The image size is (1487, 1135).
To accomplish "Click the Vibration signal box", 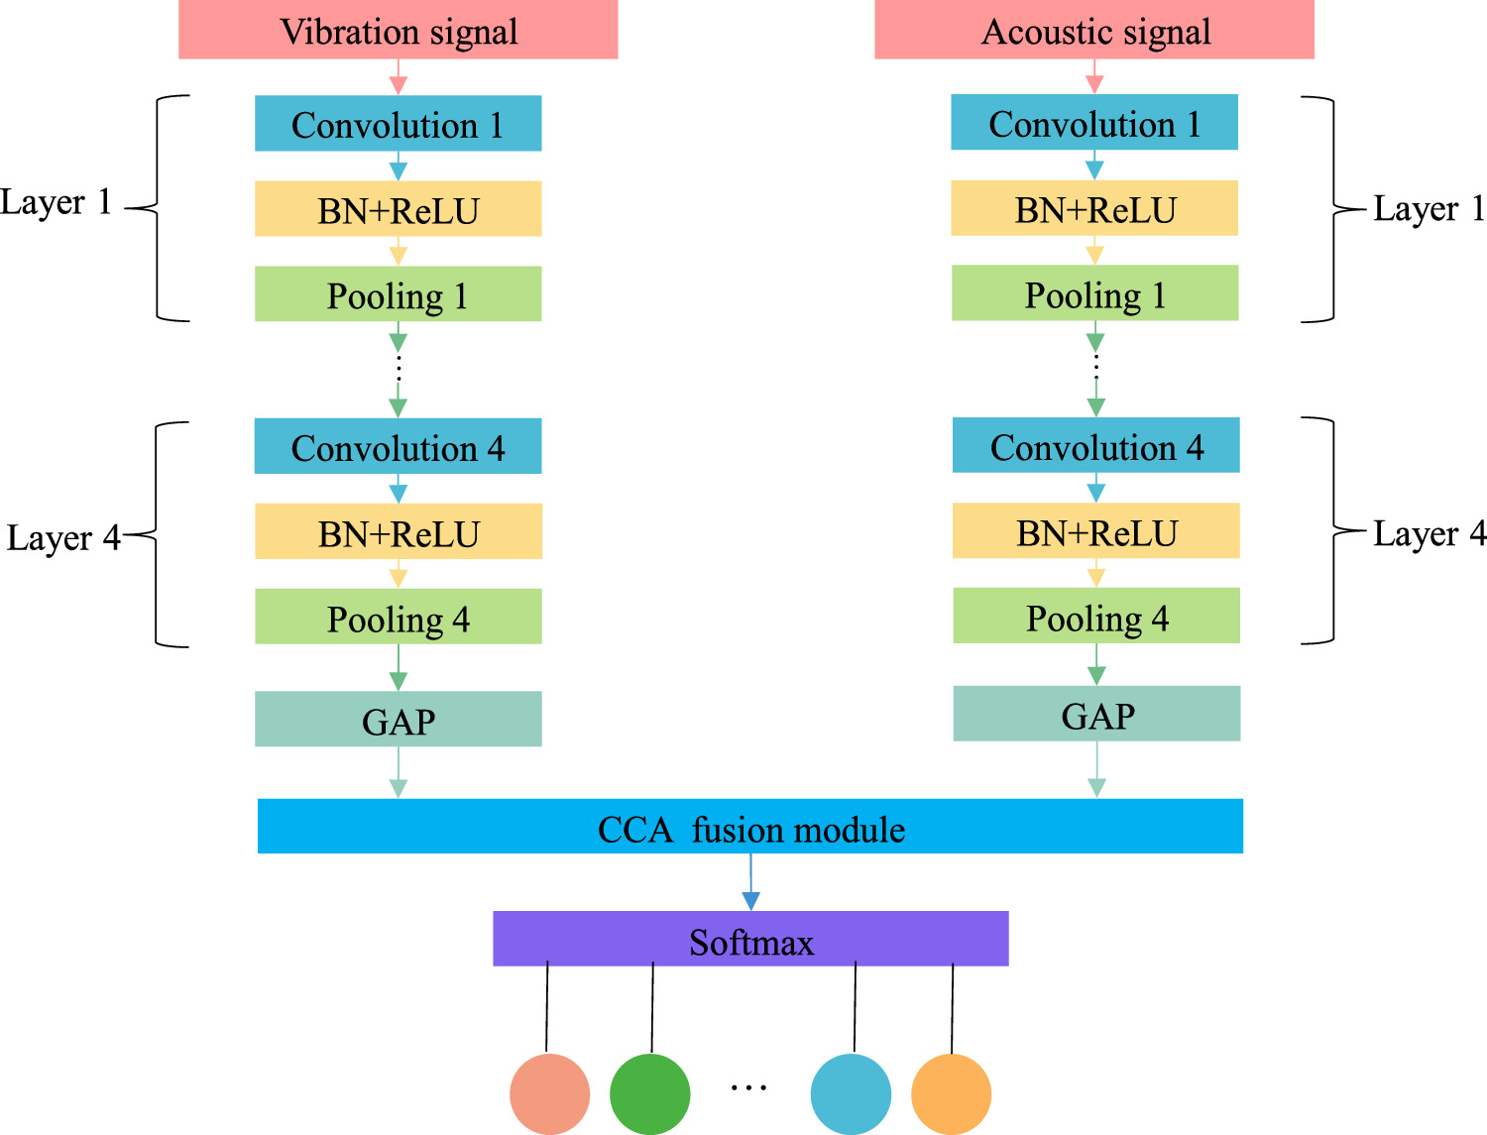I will point(398,30).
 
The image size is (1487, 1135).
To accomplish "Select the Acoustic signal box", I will point(1093,30).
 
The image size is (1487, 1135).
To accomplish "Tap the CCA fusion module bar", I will point(749,827).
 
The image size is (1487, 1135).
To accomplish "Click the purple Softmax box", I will point(750,939).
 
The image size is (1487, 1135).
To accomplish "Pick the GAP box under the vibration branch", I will point(398,719).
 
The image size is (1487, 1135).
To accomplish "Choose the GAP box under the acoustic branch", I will point(1096,714).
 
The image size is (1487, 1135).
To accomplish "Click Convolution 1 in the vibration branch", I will point(398,124).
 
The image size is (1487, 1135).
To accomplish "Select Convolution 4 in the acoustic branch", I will point(1095,445).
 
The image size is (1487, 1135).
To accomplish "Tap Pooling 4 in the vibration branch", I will point(398,617).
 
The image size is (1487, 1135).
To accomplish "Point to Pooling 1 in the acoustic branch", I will point(1094,293).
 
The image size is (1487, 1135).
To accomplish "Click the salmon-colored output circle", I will point(549,1093).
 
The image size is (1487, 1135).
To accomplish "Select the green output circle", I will point(649,1093).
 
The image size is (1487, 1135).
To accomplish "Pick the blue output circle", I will point(851,1093).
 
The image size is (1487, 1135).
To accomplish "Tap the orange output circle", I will point(951,1093).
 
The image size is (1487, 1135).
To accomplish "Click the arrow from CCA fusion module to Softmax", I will point(750,882).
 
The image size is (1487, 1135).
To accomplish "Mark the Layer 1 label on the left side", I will point(56,202).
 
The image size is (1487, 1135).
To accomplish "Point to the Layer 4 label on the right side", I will point(1429,533).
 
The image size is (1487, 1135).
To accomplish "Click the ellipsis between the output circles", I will point(748,1087).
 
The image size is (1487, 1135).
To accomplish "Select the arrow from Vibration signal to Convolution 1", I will point(399,77).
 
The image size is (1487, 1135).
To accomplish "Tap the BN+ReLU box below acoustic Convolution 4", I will point(1095,531).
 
